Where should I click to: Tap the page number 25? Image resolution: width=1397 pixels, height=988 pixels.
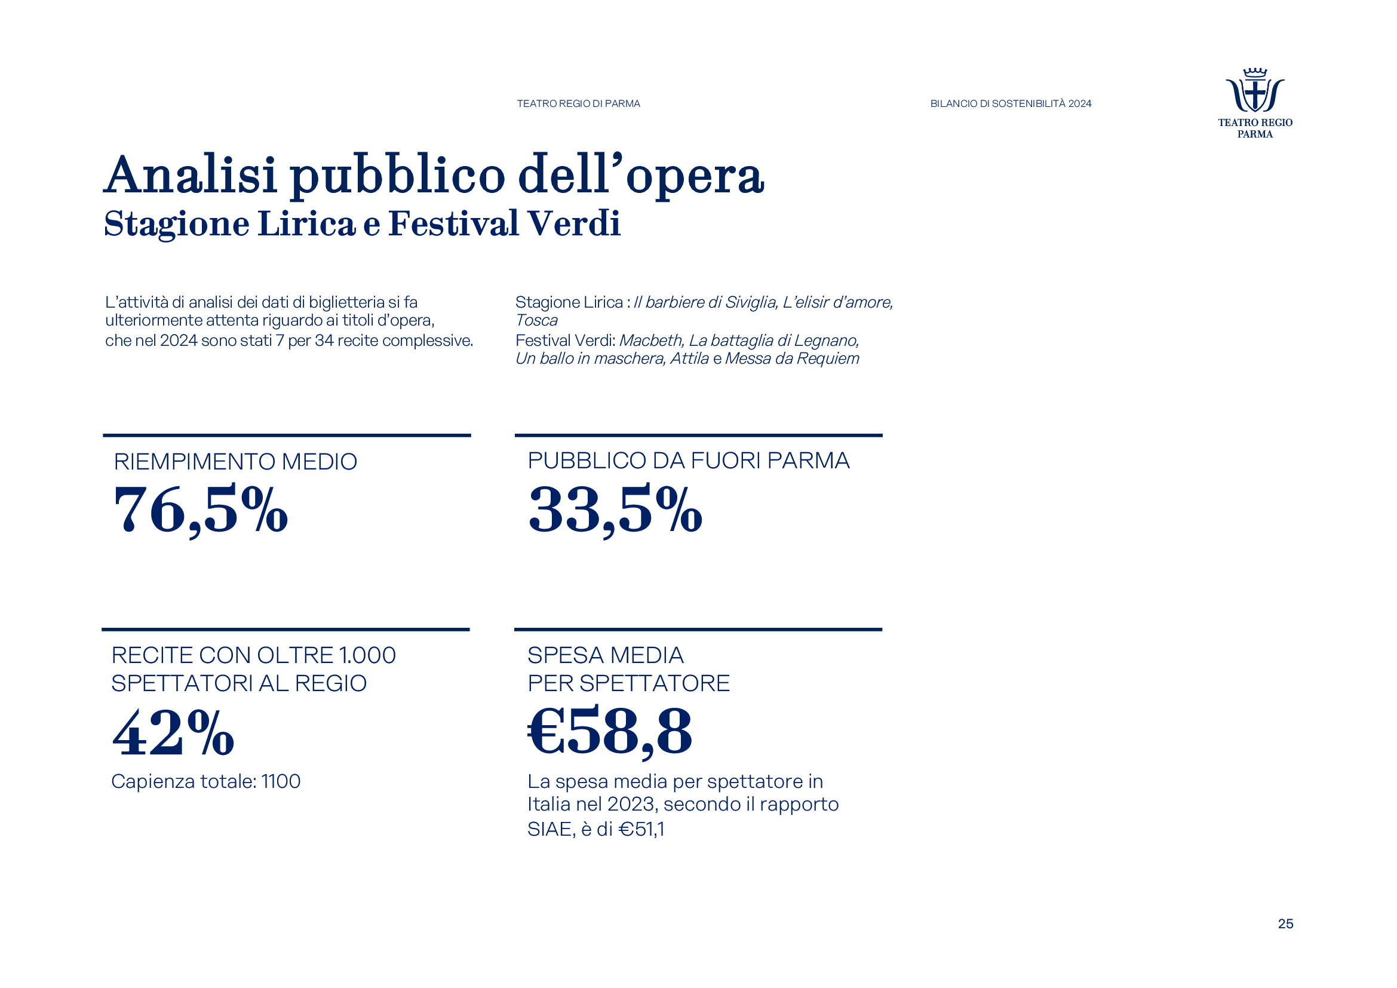[x=1285, y=923]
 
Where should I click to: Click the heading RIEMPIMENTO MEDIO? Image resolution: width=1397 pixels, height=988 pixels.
[x=235, y=462]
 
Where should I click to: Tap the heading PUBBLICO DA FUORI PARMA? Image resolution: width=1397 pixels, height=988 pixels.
[x=688, y=461]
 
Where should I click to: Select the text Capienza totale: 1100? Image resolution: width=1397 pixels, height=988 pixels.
[x=205, y=781]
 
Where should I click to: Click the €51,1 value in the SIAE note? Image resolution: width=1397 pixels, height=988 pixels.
[x=641, y=829]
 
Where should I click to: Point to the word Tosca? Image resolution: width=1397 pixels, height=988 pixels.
[x=536, y=321]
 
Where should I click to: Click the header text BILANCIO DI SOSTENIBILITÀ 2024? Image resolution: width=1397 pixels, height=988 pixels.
[x=1011, y=104]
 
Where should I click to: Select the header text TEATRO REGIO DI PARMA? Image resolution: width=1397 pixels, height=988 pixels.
[x=578, y=104]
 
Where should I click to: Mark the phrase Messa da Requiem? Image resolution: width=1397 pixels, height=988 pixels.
[x=792, y=358]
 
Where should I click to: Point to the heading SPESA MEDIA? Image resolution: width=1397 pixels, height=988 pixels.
[x=606, y=655]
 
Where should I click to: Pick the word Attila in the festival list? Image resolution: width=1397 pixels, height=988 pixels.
[x=689, y=358]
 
